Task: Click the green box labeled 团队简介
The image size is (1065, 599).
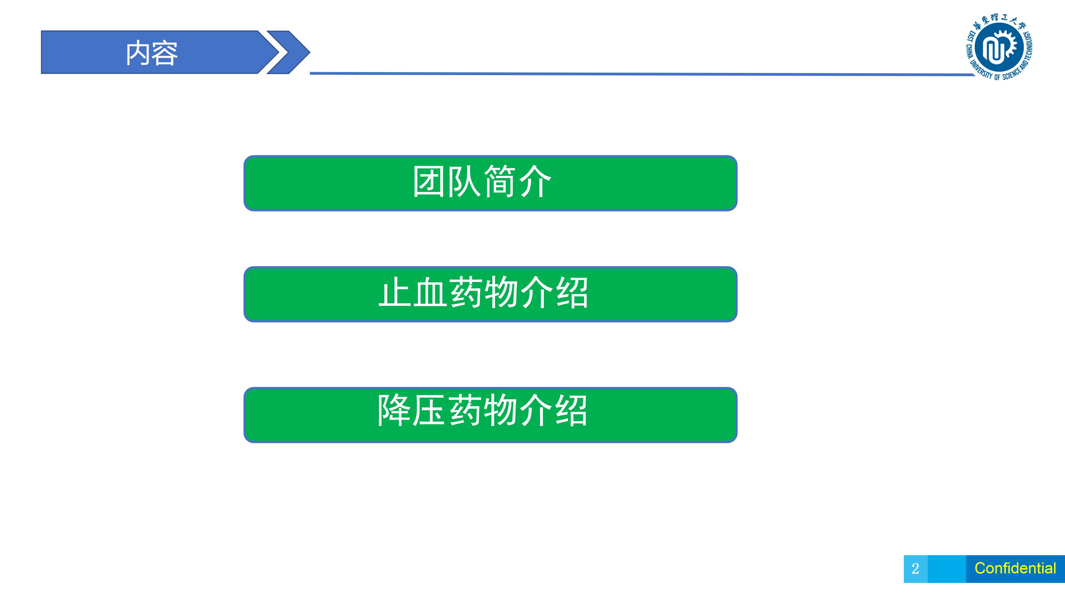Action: (490, 183)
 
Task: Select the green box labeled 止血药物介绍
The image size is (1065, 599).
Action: (490, 294)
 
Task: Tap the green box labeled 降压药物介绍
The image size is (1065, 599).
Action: (490, 415)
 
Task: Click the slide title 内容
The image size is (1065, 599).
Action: (152, 53)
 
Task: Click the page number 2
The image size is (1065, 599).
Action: (915, 569)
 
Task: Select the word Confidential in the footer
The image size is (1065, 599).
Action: (1015, 568)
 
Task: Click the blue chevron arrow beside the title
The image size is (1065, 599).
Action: (288, 52)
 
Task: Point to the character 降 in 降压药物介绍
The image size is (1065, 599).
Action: (394, 410)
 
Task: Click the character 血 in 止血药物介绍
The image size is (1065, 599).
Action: (430, 292)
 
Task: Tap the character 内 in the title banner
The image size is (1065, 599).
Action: (138, 53)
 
